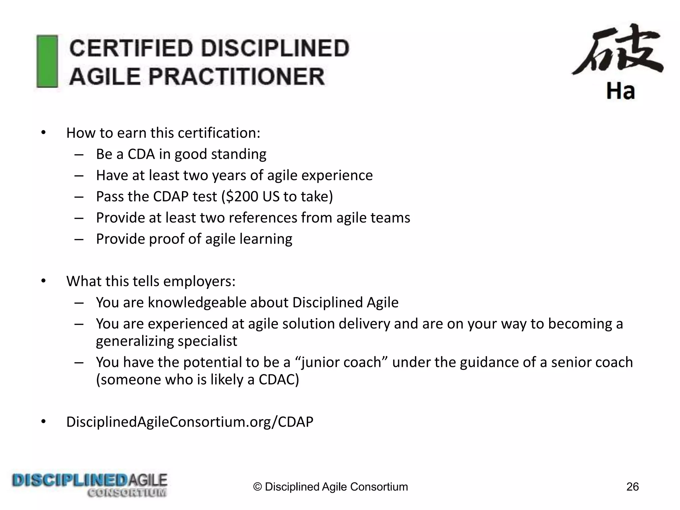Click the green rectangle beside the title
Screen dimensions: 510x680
47,61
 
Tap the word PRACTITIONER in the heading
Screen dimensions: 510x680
236,76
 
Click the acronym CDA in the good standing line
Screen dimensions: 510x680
141,154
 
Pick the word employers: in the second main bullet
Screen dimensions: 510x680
199,281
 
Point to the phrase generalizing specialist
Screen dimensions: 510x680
166,341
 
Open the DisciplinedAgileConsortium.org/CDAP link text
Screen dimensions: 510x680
190,422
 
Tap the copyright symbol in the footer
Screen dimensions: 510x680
257,487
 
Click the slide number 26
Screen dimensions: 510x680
632,487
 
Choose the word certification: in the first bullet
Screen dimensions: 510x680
219,133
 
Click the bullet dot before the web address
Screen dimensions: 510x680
43,422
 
